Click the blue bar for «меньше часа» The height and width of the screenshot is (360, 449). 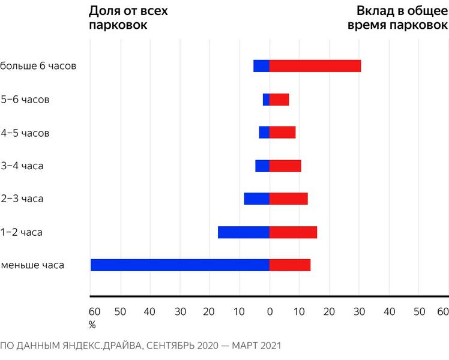(179, 265)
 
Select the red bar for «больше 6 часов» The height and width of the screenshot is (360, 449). (315, 66)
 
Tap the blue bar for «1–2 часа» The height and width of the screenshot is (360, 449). (243, 232)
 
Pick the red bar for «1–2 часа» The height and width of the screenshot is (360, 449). (293, 232)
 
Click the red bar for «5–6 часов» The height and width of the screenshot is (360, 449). (279, 100)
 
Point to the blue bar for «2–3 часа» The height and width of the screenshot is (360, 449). (256, 199)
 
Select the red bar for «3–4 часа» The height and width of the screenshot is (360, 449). (285, 166)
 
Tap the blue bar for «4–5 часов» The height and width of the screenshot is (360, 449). (264, 133)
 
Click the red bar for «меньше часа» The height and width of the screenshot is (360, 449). (290, 265)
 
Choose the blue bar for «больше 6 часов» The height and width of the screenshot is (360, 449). (261, 66)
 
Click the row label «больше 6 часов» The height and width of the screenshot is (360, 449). (38, 66)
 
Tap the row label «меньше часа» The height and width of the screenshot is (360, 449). (33, 265)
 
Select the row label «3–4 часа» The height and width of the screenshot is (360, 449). (23, 166)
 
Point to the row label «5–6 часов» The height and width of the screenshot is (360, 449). (25, 100)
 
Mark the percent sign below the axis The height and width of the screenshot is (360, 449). (92, 325)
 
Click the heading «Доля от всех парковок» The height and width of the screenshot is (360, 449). (128, 18)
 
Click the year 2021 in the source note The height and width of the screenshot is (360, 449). (270, 346)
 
